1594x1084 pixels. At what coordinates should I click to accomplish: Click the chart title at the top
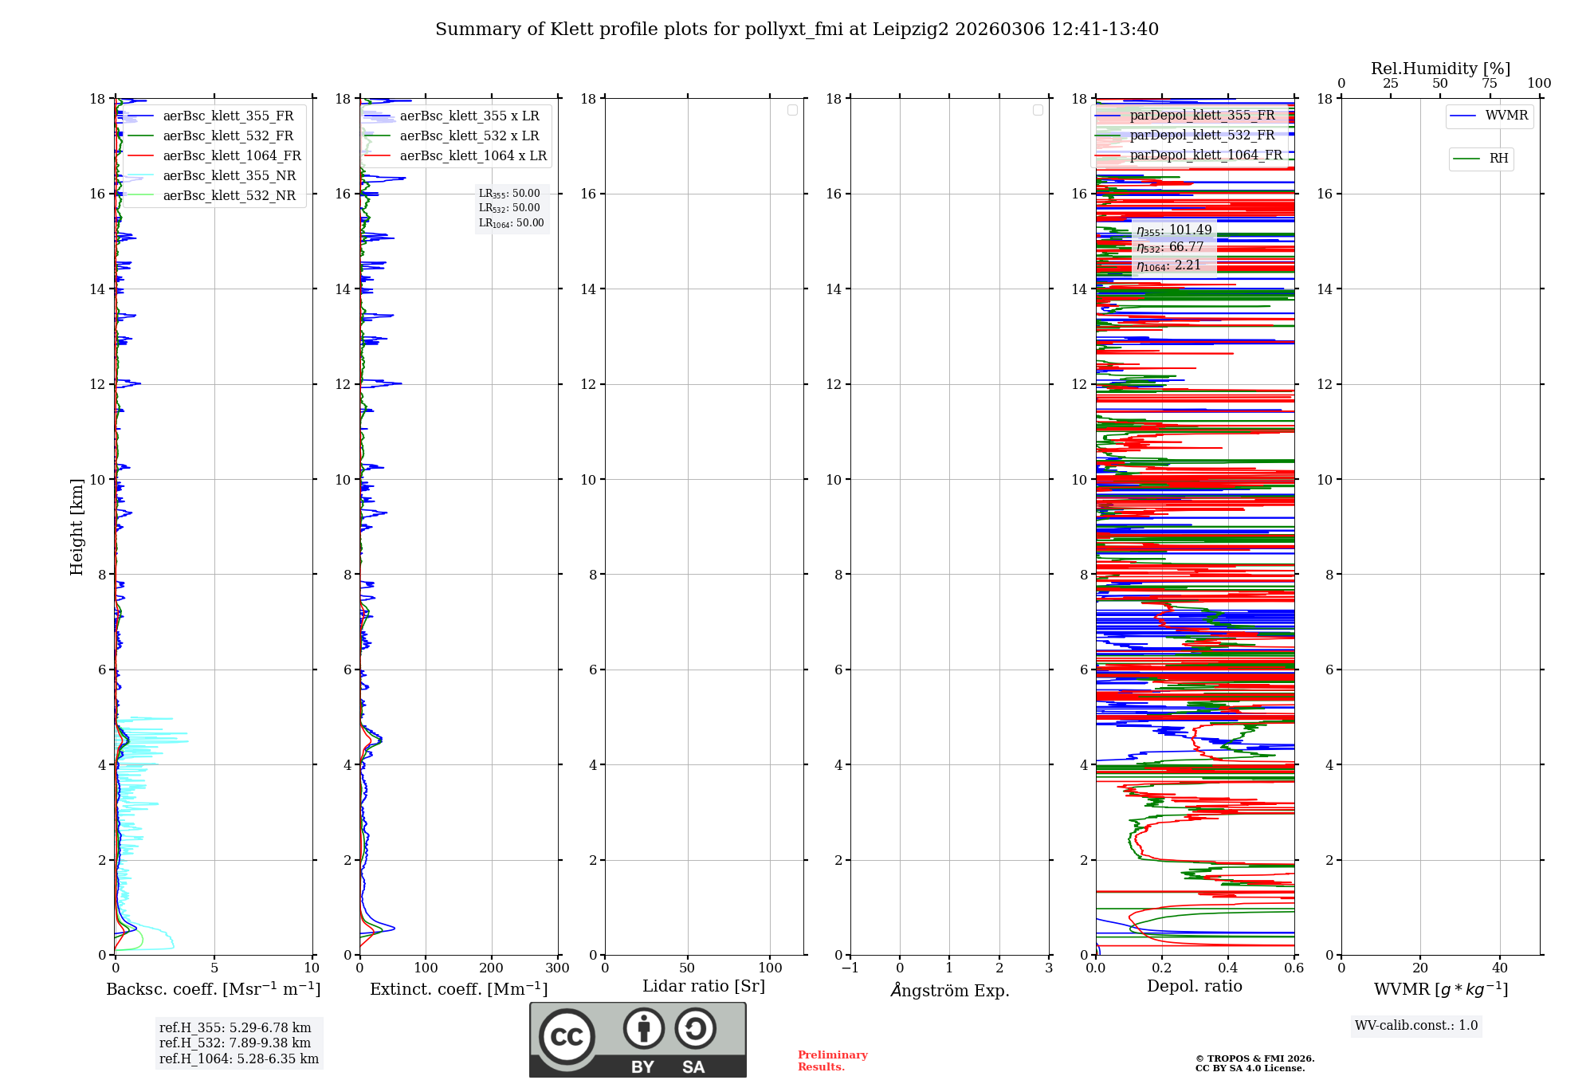796,29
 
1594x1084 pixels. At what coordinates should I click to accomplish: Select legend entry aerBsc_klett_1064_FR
231,156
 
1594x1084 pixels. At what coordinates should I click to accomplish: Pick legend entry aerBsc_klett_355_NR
229,176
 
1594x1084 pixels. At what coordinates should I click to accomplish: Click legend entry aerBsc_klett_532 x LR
469,136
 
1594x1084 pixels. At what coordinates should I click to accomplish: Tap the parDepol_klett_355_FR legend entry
1202,116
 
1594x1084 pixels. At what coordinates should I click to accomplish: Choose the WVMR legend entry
1506,116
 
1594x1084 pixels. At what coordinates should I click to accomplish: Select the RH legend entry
1498,159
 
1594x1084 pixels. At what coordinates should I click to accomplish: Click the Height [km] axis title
77,527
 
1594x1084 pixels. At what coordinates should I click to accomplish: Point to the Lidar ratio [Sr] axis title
703,987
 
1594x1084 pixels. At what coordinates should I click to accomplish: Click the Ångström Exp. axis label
949,991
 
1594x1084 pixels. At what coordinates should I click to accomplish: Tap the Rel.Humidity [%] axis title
1440,69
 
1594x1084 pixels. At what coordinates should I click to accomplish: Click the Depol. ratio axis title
1194,987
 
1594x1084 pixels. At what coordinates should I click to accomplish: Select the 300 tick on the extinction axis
557,968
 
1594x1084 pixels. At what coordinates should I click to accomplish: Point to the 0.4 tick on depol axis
1228,968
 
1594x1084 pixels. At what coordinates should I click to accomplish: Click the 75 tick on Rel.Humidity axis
1490,84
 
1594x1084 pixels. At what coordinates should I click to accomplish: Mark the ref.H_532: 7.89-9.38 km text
235,1043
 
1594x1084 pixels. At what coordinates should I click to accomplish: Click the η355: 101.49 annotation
1173,230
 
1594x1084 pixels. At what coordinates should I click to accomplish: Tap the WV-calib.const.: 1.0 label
1416,1026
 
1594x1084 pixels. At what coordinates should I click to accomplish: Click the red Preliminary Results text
832,1061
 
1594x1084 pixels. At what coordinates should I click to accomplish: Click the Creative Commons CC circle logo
567,1037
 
